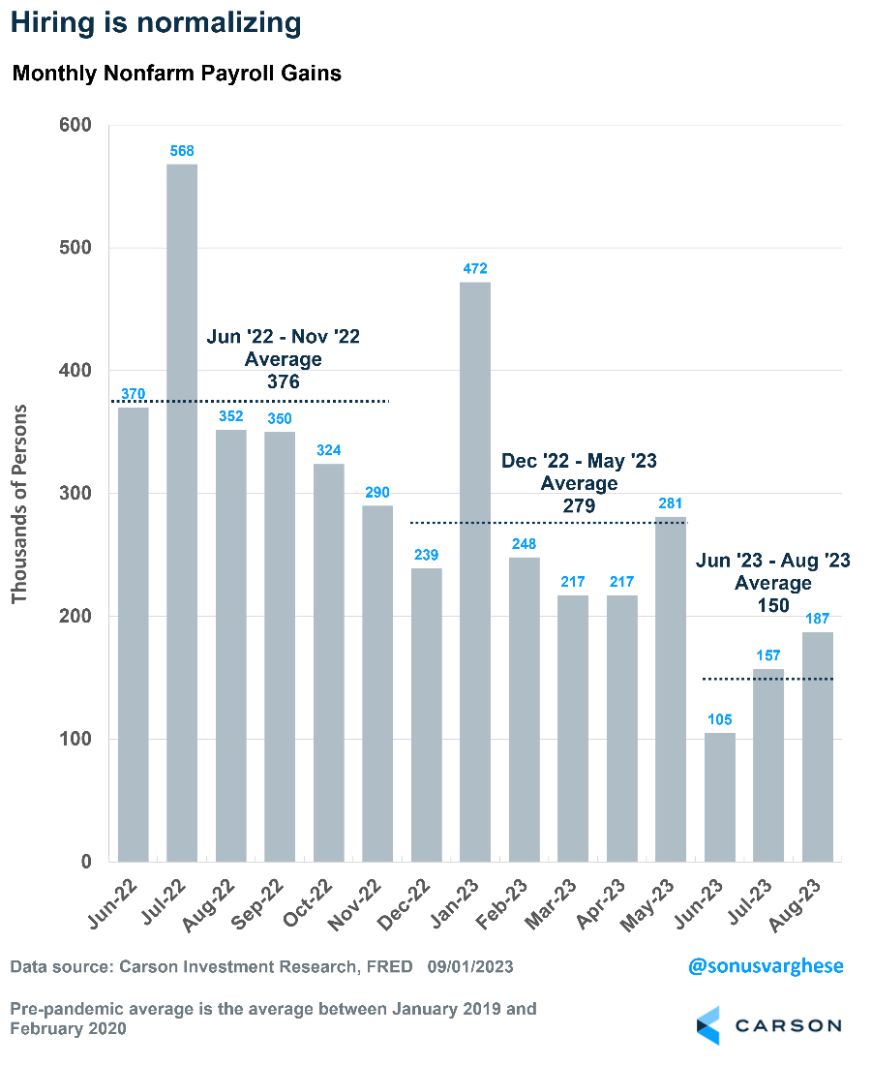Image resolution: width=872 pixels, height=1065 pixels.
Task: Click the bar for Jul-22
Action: [182, 513]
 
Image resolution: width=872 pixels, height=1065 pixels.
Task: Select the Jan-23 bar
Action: [475, 571]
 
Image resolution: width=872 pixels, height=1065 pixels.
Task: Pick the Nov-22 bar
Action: [377, 684]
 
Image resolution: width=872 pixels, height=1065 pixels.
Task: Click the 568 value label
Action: [182, 150]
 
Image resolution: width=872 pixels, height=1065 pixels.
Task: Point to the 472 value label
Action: [475, 268]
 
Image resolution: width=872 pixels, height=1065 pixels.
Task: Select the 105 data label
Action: [720, 719]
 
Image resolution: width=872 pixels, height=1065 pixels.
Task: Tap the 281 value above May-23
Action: [671, 502]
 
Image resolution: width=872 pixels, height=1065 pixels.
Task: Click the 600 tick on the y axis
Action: [75, 125]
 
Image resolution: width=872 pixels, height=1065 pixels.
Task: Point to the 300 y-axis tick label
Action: [75, 494]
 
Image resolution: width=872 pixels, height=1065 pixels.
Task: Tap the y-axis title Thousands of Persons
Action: [19, 503]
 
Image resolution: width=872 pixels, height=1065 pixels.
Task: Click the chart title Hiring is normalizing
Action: [156, 22]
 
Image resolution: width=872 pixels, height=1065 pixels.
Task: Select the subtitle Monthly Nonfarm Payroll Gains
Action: [176, 74]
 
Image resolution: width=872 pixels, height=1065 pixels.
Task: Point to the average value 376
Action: [283, 381]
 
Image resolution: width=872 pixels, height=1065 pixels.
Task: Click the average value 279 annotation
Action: [579, 505]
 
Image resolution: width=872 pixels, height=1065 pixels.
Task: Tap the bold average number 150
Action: [772, 605]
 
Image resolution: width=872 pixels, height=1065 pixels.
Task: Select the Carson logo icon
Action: [709, 1025]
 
